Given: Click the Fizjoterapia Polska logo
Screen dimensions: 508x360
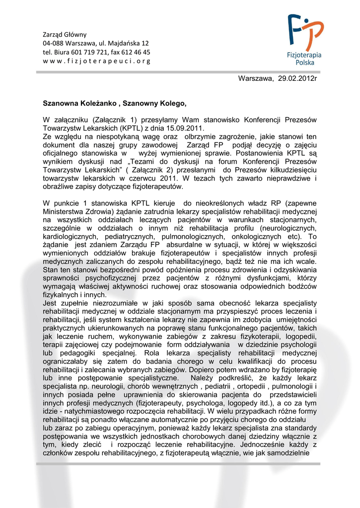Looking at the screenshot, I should [305, 40].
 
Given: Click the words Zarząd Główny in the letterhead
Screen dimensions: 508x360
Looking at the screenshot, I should [65, 35].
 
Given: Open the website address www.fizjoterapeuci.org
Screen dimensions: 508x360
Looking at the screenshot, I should [96, 61].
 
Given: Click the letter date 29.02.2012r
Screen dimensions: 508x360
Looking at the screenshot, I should [297, 78].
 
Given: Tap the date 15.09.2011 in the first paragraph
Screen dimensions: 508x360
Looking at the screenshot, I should [163, 128].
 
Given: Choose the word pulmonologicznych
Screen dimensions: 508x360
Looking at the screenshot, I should [186, 237].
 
